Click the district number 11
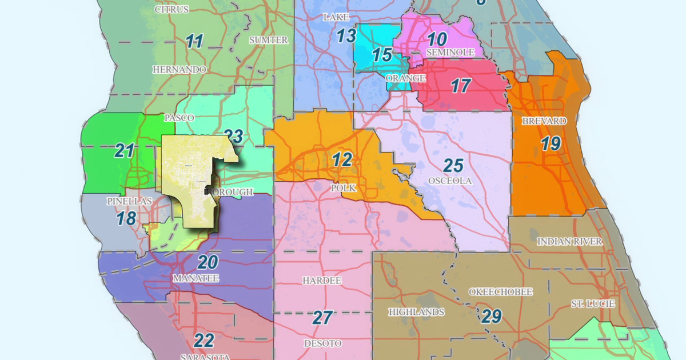tap(194, 41)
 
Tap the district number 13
tap(346, 36)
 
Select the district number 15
tap(382, 55)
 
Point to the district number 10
tap(437, 39)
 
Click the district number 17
tap(460, 86)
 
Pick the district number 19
tap(551, 143)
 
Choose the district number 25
tap(453, 166)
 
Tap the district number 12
tap(342, 160)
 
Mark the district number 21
tap(124, 151)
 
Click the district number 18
tap(126, 218)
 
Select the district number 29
tap(491, 315)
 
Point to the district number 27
tap(322, 317)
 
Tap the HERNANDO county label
tap(179, 69)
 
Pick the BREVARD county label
tap(544, 121)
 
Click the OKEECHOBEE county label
tap(500, 292)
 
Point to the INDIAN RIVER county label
tap(569, 241)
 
